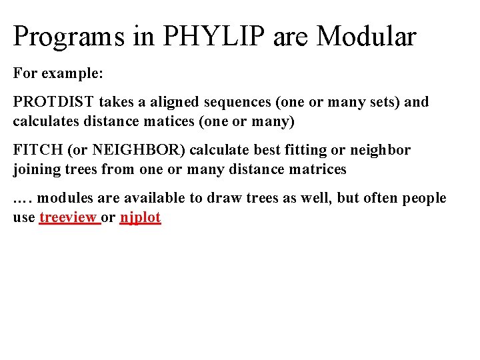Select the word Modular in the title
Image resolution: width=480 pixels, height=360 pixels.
366,37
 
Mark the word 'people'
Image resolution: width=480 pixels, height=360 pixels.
423,198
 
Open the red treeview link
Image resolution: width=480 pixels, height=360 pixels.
69,217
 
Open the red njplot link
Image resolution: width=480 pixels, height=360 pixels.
140,217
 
